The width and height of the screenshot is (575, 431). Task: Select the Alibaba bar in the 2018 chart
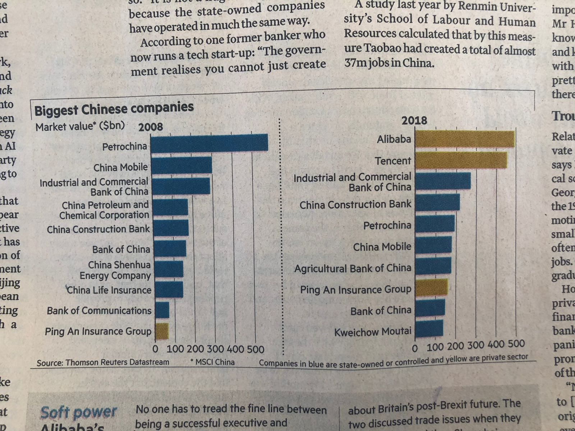point(465,139)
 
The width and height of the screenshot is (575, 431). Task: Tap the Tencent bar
point(461,160)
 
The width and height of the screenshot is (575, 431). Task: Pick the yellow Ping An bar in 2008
point(162,331)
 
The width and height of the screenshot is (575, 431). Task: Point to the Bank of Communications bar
point(162,310)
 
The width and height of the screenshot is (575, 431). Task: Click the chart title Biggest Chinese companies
point(114,108)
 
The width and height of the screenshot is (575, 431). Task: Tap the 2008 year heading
point(151,127)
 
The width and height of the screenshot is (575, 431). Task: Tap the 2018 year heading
point(414,120)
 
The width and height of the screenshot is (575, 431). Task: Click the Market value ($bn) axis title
point(80,126)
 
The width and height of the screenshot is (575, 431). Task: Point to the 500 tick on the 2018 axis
point(516,344)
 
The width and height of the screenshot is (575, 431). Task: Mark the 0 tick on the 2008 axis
point(155,349)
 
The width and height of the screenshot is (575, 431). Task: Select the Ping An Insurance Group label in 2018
point(355,289)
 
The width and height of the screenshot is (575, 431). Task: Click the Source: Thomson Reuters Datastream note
point(103,362)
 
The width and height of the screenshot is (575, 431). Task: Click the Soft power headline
point(79,412)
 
